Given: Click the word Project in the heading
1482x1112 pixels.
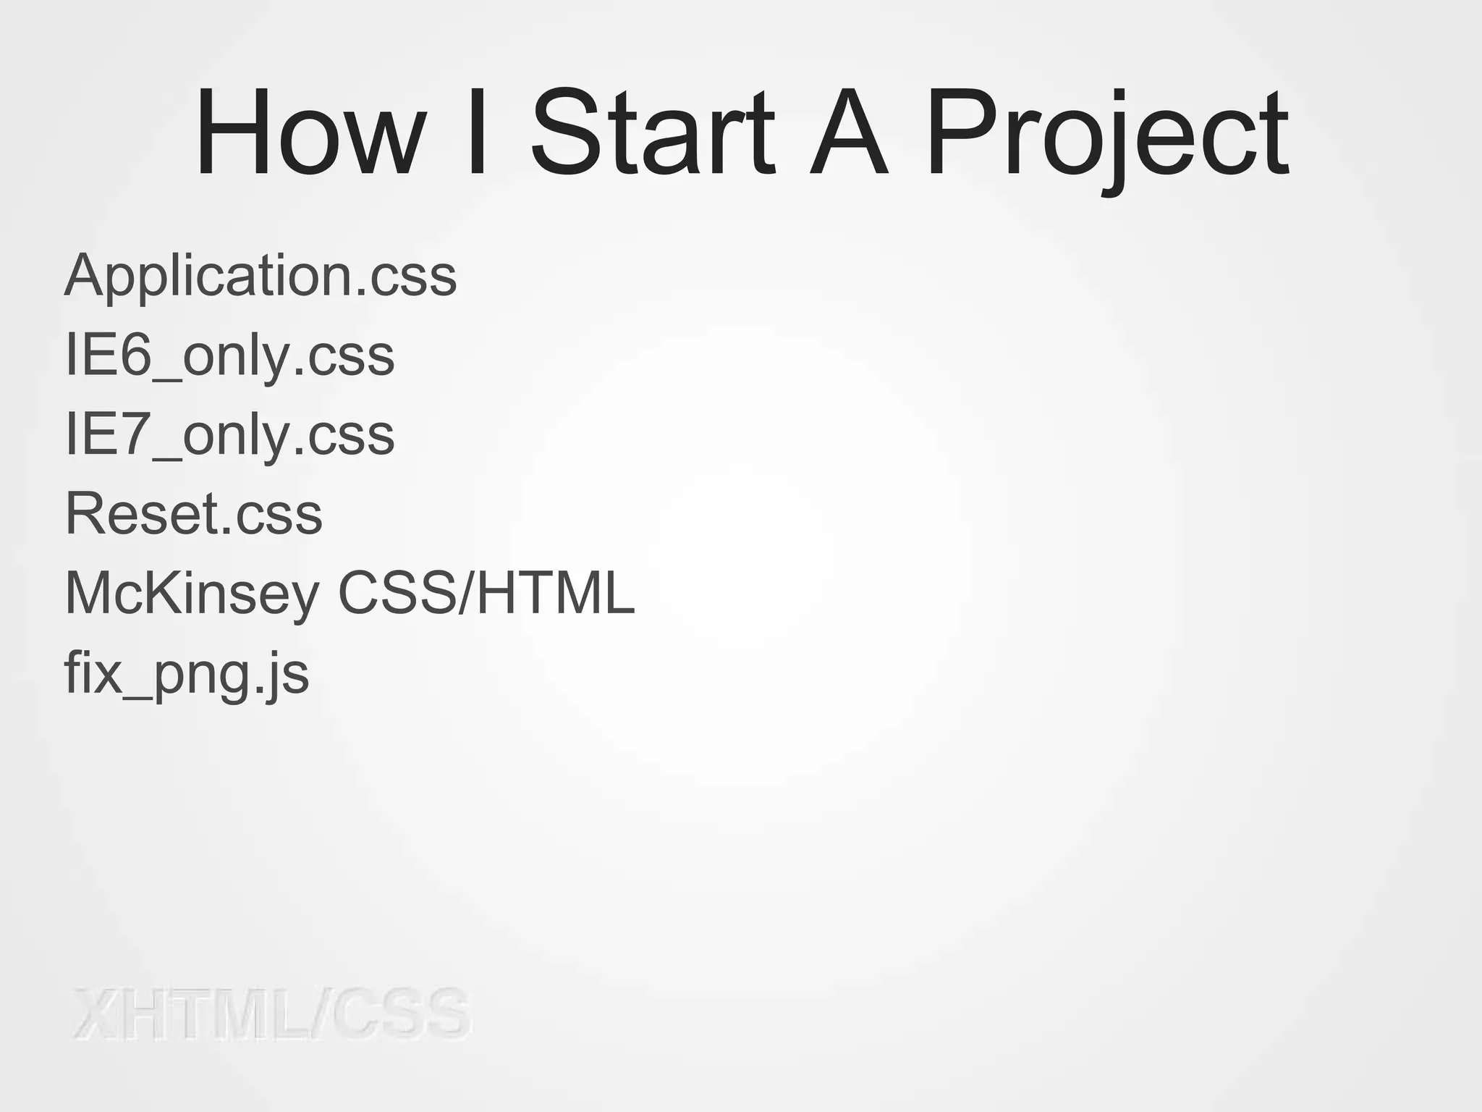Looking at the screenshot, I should [1107, 138].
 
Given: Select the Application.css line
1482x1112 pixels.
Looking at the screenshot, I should [261, 277].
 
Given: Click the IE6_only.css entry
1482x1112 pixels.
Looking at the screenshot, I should [229, 356].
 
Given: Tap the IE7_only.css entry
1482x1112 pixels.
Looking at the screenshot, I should [229, 436].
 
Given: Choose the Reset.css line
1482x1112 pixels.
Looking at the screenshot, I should [193, 514].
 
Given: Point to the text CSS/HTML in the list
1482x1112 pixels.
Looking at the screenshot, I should [486, 594].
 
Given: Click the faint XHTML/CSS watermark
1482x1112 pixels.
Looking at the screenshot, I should [272, 1014].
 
